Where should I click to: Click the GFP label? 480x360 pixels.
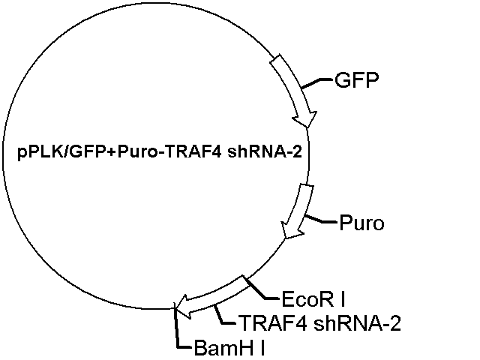357,80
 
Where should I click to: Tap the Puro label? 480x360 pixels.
361,223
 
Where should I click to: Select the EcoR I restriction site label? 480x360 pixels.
313,299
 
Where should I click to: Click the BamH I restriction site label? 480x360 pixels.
229,348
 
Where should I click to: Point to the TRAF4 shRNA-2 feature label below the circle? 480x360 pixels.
320,323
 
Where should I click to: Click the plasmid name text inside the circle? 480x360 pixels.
160,152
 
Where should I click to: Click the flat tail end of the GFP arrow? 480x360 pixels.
275,59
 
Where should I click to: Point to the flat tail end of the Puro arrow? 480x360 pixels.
307,185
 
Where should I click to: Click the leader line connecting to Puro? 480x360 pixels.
320,220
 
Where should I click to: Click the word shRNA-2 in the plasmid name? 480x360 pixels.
265,152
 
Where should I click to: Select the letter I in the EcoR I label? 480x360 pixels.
343,299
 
